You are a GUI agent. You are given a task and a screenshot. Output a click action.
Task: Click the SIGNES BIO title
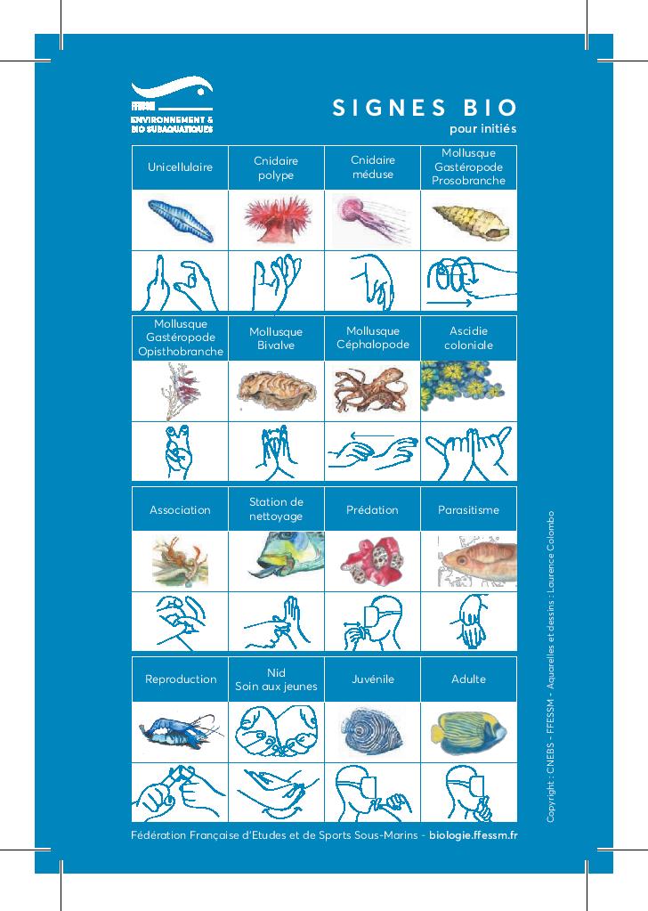425,108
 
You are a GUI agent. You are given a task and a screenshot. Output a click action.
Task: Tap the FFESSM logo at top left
172,106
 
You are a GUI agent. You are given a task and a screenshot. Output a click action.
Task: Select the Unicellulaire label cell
180,167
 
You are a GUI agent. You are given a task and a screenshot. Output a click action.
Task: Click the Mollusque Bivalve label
276,338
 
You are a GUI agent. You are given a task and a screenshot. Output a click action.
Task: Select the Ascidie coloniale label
468,338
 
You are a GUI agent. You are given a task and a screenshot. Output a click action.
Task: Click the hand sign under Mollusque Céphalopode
372,451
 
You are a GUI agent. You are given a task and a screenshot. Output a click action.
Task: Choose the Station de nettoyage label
276,509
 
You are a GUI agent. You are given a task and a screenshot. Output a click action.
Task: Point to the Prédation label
372,510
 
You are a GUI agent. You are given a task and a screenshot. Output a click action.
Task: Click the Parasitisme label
468,510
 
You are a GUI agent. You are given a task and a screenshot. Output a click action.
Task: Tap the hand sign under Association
180,621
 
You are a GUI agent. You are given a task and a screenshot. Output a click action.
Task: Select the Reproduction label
180,679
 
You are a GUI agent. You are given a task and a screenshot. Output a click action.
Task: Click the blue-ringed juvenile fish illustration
372,730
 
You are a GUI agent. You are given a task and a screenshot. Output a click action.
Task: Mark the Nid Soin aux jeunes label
276,679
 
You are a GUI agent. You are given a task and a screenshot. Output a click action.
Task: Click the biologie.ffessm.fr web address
473,835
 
